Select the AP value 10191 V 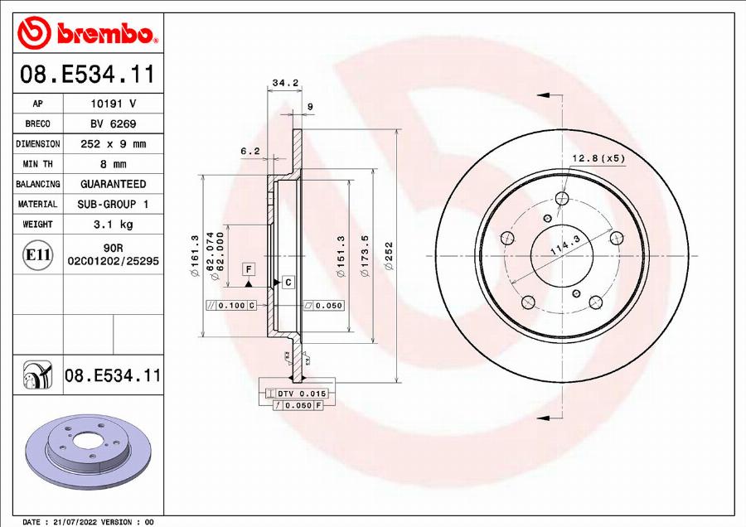(x=113, y=104)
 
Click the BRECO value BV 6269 (x=113, y=123)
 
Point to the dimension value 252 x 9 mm (x=113, y=143)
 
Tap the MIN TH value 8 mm (x=113, y=164)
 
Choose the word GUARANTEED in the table (x=113, y=184)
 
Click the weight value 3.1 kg (x=113, y=224)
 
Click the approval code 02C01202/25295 (x=113, y=260)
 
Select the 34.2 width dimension (x=284, y=83)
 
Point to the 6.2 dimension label (x=249, y=151)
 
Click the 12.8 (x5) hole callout (x=598, y=157)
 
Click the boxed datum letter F (x=248, y=269)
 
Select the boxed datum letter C (x=288, y=283)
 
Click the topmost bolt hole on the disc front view (x=563, y=198)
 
